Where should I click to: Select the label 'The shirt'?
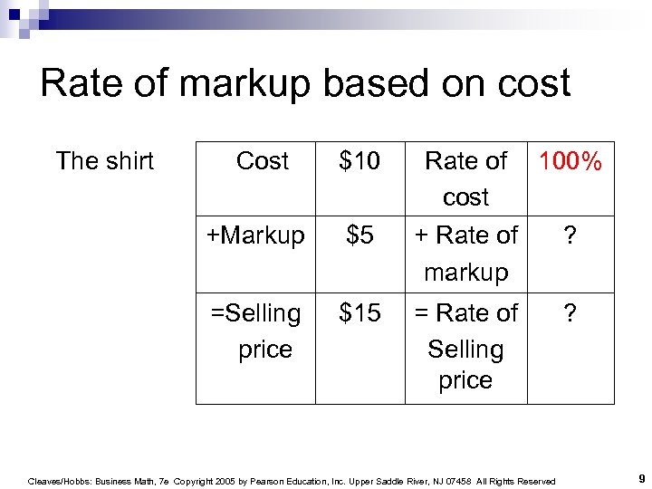click(104, 161)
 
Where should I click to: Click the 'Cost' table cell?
click(262, 161)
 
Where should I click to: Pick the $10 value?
click(360, 161)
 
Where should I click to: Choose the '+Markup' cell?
click(255, 235)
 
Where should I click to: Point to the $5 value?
click(360, 235)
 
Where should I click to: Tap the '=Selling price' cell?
click(256, 331)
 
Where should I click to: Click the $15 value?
click(360, 313)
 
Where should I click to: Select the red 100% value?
click(570, 162)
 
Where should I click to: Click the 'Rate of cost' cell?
click(465, 178)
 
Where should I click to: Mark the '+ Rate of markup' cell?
click(465, 253)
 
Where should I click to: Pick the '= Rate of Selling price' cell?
click(465, 347)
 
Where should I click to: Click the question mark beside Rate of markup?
click(570, 235)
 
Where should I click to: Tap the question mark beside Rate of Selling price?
click(570, 313)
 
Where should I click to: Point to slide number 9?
click(640, 477)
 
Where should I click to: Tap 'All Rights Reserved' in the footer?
click(517, 482)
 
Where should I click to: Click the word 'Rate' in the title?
click(79, 84)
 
